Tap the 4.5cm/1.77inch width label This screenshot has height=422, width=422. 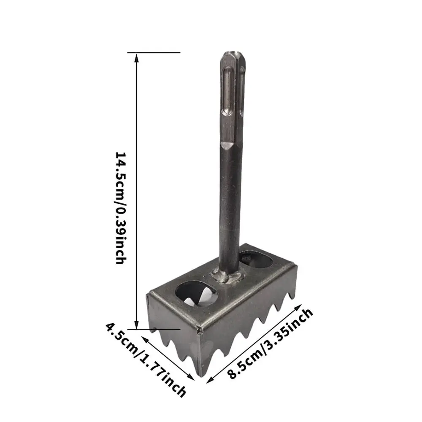coord(146,359)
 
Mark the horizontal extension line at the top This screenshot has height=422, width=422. coord(154,53)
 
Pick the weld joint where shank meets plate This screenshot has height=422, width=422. coord(228,277)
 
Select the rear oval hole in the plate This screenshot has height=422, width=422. coord(256,259)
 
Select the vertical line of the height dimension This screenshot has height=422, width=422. coord(136,190)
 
